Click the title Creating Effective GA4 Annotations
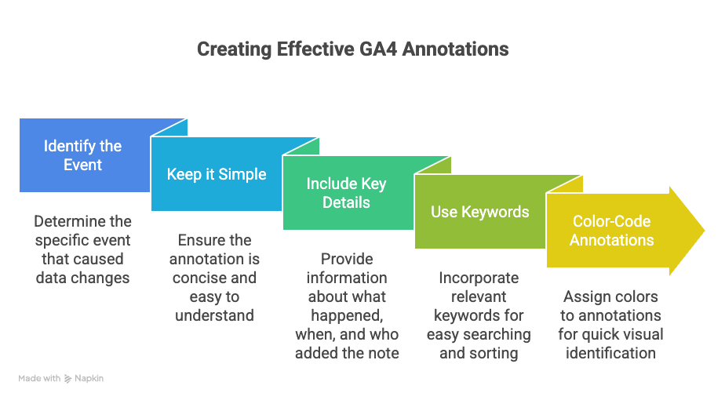coord(352,49)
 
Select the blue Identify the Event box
coord(83,155)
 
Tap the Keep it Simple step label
coord(216,174)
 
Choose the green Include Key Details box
coord(347,192)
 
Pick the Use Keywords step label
coord(479,212)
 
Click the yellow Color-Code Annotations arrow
coord(611,231)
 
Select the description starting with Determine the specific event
coord(83,249)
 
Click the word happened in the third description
coord(347,315)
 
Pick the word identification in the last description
coord(610,353)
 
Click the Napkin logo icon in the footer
coord(69,379)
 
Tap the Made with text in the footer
coord(39,379)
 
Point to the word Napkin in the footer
coord(89,379)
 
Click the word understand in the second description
coord(214,315)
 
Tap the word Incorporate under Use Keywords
coord(479,278)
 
